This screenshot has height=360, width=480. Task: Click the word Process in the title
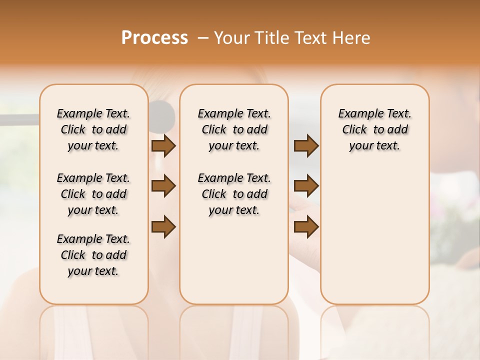click(154, 37)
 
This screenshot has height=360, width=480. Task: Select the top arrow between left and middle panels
click(163, 145)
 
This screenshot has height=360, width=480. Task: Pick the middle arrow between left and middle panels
click(163, 186)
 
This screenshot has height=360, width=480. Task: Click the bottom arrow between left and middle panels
click(163, 227)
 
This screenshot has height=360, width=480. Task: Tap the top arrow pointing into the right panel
click(306, 145)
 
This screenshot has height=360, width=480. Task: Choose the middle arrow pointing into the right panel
click(306, 186)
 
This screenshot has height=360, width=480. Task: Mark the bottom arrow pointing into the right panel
click(306, 227)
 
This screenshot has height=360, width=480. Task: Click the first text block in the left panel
click(93, 129)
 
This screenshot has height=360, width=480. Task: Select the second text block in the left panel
click(93, 194)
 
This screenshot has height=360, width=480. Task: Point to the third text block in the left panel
click(93, 255)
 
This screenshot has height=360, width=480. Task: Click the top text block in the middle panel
click(234, 129)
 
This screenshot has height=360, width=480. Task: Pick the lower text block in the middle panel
click(234, 194)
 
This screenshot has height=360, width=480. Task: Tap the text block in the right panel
click(375, 129)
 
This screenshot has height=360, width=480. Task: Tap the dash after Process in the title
click(203, 38)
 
